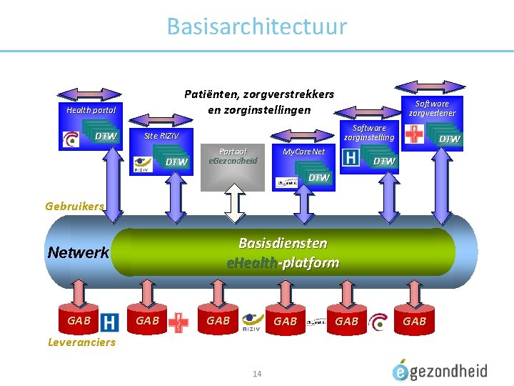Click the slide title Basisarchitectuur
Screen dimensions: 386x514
[x=256, y=26]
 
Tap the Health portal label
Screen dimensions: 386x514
[x=91, y=110]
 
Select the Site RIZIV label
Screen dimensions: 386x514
[x=161, y=136]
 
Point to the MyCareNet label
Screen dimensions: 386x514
[x=303, y=152]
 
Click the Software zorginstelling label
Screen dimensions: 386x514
[x=368, y=132]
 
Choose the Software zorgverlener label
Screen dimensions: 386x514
[x=432, y=108]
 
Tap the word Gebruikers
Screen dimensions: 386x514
[x=74, y=206]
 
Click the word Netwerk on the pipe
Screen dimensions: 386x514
[x=78, y=252]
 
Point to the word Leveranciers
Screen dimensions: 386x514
[x=81, y=342]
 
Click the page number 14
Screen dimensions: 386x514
[x=257, y=373]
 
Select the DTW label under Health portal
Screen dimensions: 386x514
[x=106, y=137]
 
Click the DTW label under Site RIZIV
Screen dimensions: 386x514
[x=176, y=162]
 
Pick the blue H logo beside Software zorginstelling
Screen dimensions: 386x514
[x=351, y=157]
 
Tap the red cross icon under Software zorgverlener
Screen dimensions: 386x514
[x=413, y=134]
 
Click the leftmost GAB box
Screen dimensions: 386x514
[x=79, y=321]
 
